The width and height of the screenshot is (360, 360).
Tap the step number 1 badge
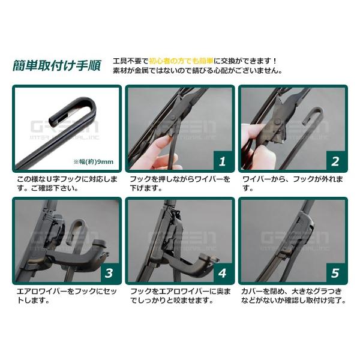(x=221, y=160)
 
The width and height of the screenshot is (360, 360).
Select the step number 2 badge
(x=335, y=160)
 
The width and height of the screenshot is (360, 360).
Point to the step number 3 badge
(x=109, y=273)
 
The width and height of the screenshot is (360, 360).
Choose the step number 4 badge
(x=221, y=273)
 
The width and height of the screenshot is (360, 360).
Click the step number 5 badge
(x=335, y=273)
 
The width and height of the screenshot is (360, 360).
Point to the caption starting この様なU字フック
(x=65, y=183)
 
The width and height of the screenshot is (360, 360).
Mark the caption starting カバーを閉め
(x=292, y=295)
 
